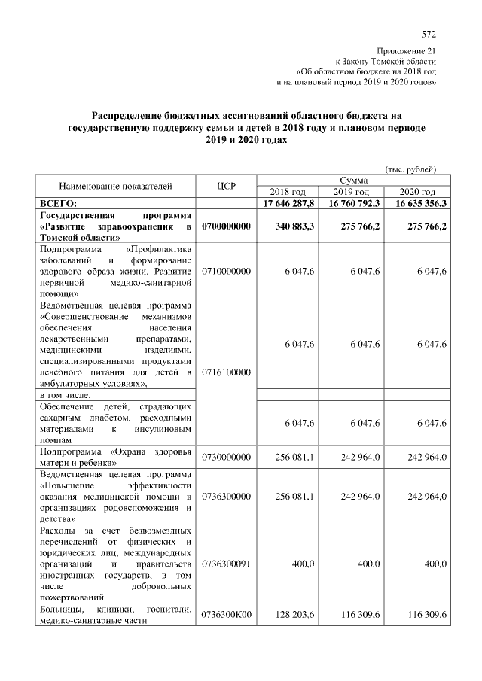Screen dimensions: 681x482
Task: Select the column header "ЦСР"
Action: [227, 185]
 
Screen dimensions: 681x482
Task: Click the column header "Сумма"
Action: [353, 181]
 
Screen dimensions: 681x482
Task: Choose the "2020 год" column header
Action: [418, 192]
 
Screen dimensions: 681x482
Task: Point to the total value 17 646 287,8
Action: [290, 203]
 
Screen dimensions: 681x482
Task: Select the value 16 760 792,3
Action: [354, 203]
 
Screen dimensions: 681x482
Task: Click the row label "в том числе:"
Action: [66, 394]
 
